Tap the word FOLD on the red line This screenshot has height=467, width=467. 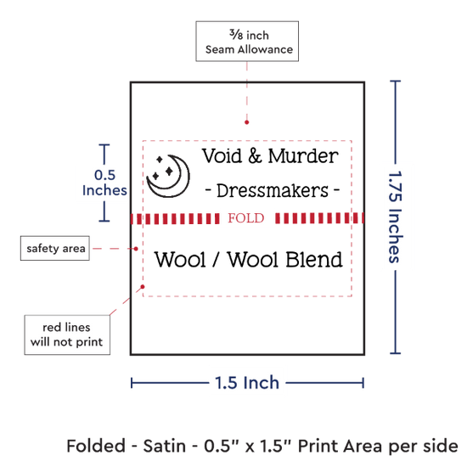(246, 218)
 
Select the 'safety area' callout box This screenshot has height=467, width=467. (55, 249)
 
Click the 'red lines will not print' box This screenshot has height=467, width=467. (67, 335)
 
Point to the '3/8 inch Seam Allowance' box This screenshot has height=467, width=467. (247, 42)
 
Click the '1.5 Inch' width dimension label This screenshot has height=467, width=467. (247, 383)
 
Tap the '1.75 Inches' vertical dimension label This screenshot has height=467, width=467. (395, 217)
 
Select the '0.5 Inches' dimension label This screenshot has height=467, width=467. (104, 183)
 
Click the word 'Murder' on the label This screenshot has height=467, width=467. (303, 155)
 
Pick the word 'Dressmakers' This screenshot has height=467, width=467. (273, 190)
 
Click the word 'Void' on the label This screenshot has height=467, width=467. (222, 155)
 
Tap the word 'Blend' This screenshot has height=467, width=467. (314, 259)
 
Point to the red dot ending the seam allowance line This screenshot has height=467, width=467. (246, 122)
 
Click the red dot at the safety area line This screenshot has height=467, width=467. (136, 249)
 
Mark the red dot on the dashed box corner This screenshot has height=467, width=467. (143, 286)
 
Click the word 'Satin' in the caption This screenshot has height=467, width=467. (165, 446)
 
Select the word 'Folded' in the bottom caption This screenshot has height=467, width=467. (96, 446)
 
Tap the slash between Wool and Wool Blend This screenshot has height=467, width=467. (217, 259)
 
